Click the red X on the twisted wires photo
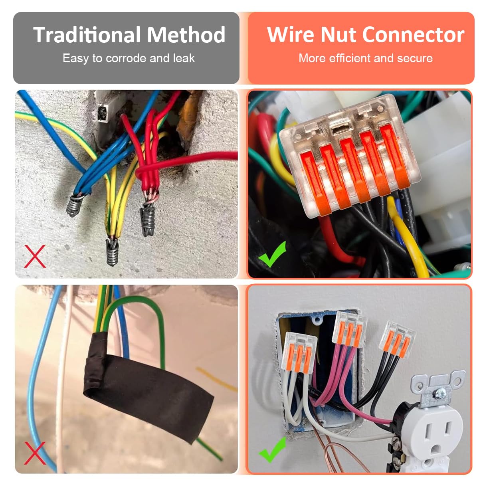click(35, 256)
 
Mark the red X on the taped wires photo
click(35, 453)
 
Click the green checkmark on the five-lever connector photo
click(272, 254)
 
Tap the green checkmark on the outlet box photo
click(272, 450)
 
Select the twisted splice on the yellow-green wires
click(112, 251)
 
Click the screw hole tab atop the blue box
click(318, 319)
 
